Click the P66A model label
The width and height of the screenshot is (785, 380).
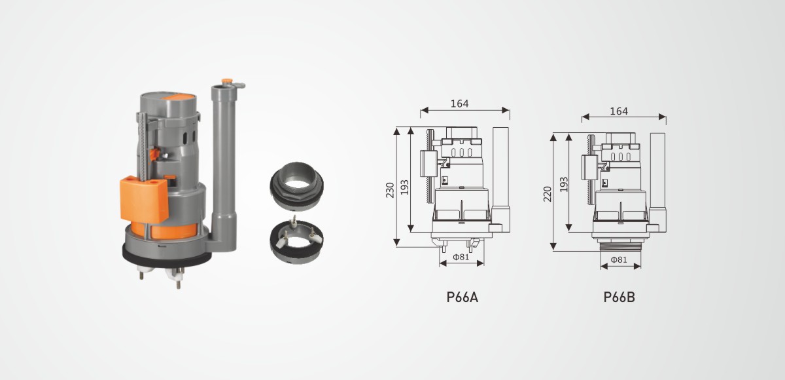click(x=462, y=297)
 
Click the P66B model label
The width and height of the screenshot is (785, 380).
click(x=619, y=297)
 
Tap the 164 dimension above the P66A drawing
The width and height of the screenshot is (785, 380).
click(x=459, y=104)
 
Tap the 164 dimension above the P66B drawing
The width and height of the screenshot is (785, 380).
click(x=619, y=111)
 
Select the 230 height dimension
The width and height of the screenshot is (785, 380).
click(x=390, y=190)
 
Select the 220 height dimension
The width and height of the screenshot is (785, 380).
click(x=548, y=194)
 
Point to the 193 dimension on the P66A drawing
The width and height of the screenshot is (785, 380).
click(x=404, y=187)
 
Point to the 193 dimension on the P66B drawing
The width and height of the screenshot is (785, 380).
click(x=563, y=185)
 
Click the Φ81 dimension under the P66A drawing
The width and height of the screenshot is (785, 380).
click(x=461, y=257)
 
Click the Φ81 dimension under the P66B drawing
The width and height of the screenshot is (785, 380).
click(x=619, y=259)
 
